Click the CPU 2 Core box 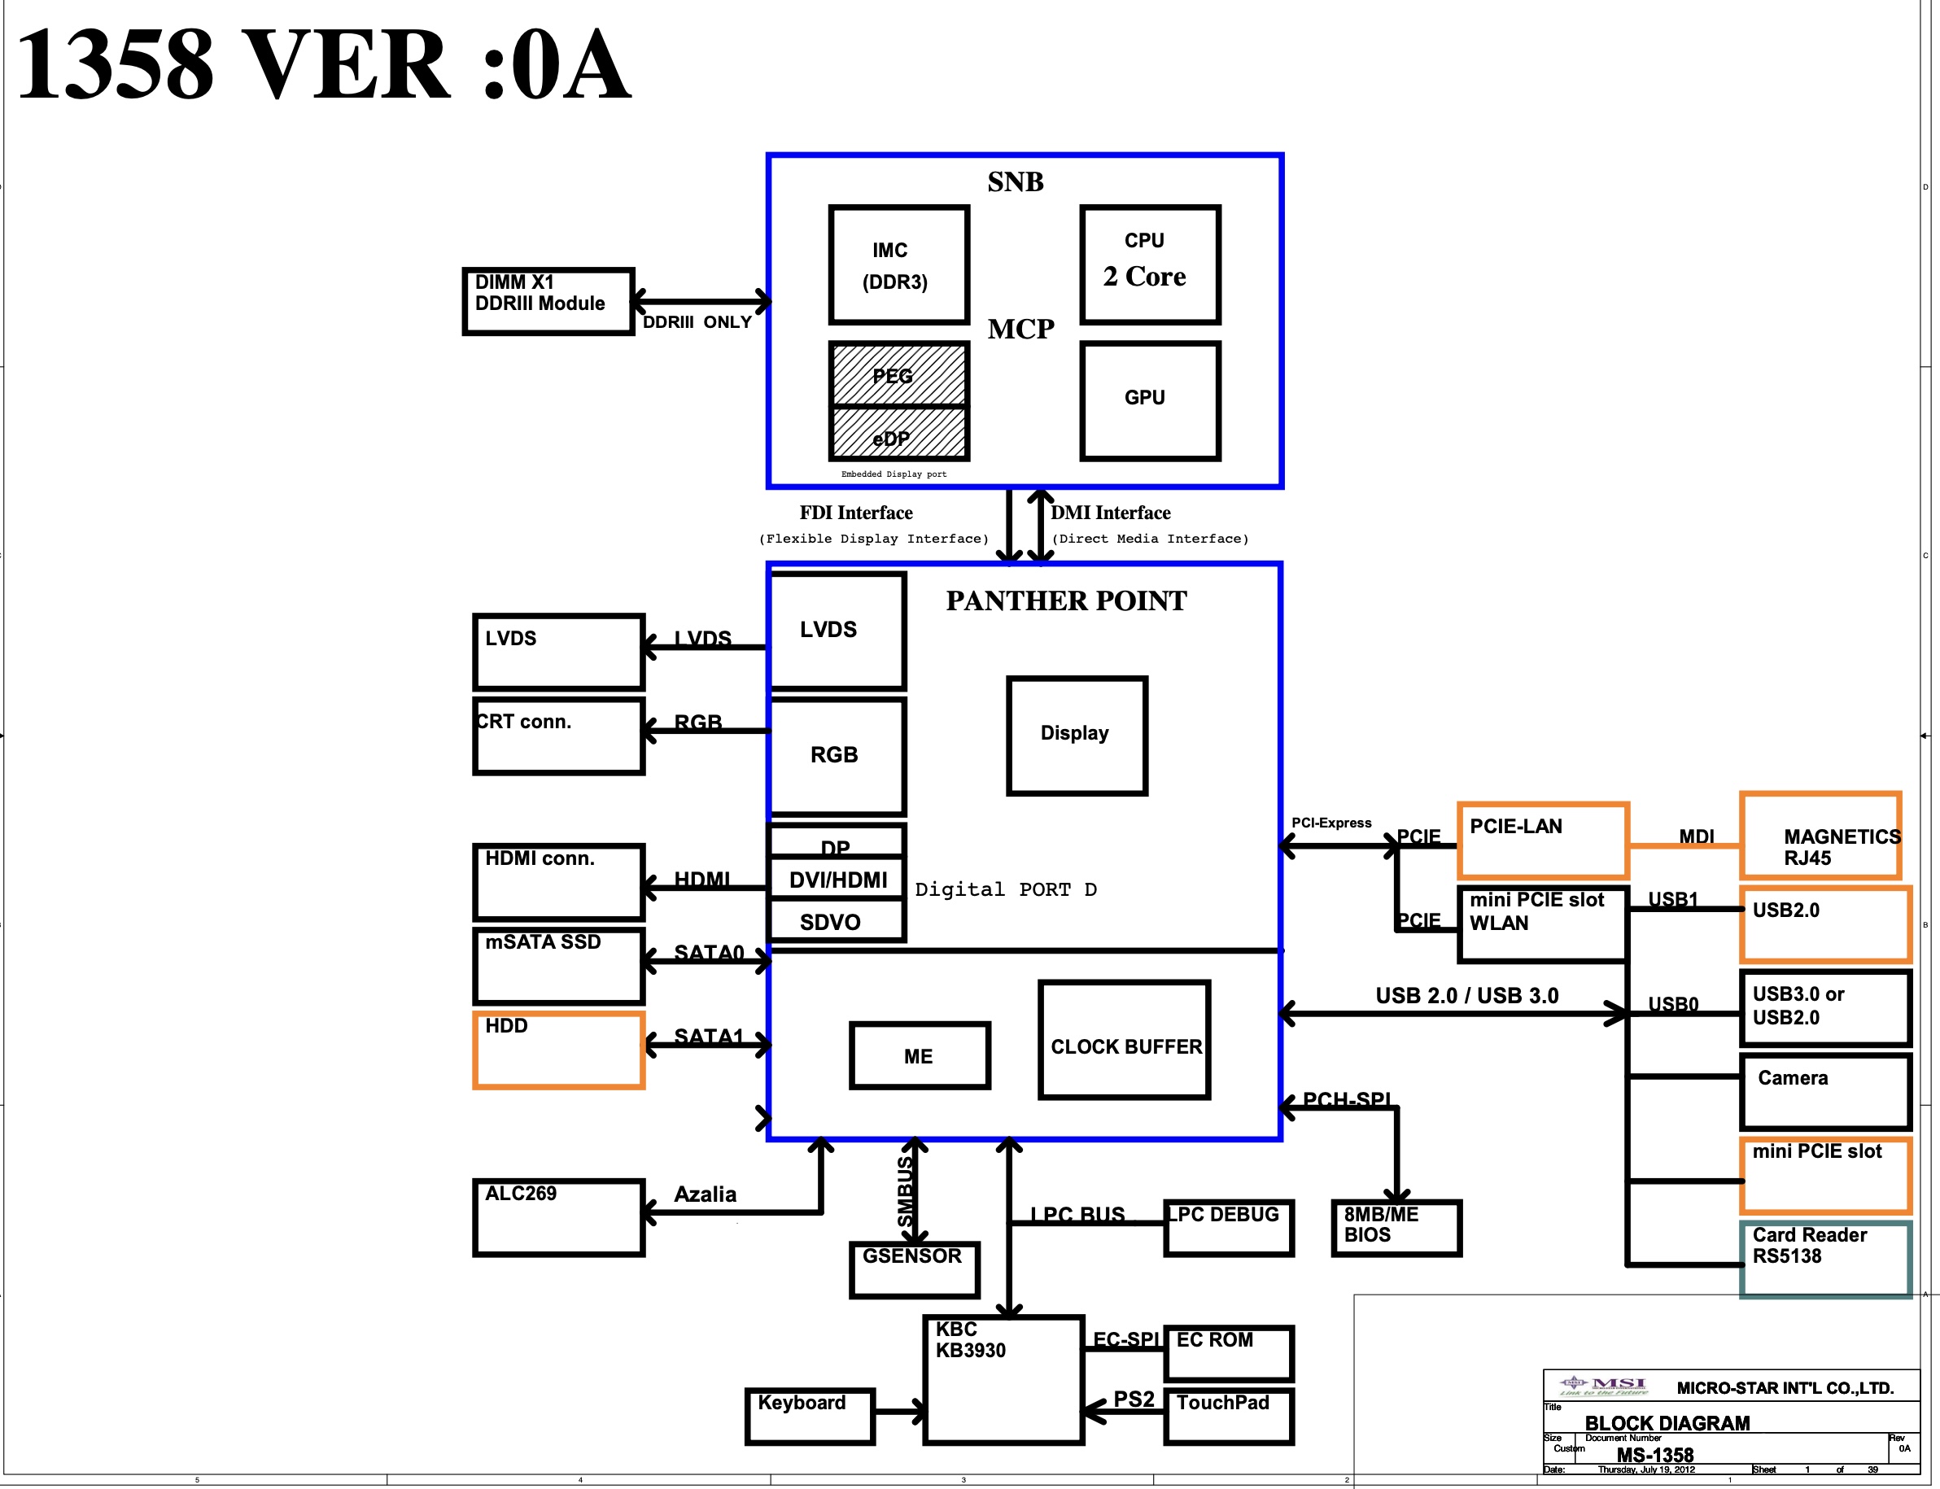point(1150,264)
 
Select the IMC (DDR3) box point(898,265)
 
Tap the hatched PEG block point(898,374)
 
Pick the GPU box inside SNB point(1150,400)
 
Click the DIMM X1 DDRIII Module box point(548,300)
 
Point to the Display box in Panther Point point(1076,735)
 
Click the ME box point(919,1055)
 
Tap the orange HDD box point(558,1050)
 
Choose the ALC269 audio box point(558,1217)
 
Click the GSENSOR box point(914,1268)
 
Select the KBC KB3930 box point(1003,1379)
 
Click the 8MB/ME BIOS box point(1396,1227)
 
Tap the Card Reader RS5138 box point(1824,1259)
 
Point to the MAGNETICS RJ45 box point(1820,836)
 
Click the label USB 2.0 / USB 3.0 point(1466,995)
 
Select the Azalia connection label point(705,1194)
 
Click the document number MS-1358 point(1654,1455)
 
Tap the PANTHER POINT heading point(1065,601)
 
